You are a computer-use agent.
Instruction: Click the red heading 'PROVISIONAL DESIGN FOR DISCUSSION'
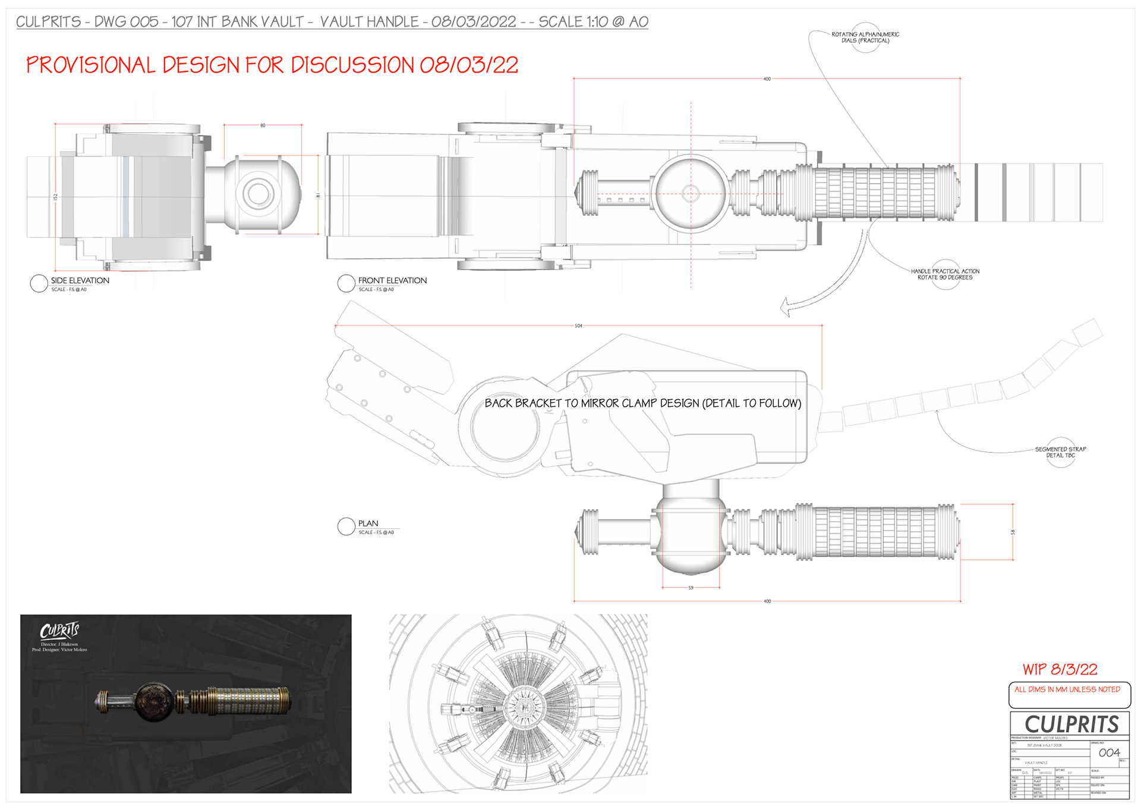pyautogui.click(x=272, y=65)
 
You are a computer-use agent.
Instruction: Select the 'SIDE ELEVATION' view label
pyautogui.click(x=80, y=281)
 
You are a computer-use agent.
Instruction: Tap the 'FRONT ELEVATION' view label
pyautogui.click(x=392, y=281)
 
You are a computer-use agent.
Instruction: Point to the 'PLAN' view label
pyautogui.click(x=368, y=523)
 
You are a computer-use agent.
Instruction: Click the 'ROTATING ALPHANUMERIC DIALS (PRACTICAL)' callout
pyautogui.click(x=865, y=37)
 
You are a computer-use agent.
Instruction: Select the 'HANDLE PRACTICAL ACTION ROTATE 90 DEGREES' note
pyautogui.click(x=945, y=274)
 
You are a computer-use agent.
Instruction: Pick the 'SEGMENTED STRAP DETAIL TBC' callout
pyautogui.click(x=1060, y=452)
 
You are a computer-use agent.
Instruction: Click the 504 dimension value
pyautogui.click(x=578, y=326)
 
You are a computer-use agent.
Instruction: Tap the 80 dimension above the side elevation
pyautogui.click(x=263, y=126)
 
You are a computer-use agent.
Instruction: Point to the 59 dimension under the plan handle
pyautogui.click(x=691, y=588)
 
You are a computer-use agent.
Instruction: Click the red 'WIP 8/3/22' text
pyautogui.click(x=1060, y=669)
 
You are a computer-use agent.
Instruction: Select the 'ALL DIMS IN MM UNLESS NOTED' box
pyautogui.click(x=1067, y=689)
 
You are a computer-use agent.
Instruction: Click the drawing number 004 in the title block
pyautogui.click(x=1109, y=753)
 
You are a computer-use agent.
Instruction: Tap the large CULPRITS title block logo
pyautogui.click(x=1071, y=725)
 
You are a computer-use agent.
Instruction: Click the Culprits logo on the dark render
pyautogui.click(x=59, y=631)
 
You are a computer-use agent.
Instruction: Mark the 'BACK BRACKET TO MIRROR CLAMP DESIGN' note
pyautogui.click(x=642, y=403)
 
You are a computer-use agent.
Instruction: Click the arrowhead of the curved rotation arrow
pyautogui.click(x=786, y=307)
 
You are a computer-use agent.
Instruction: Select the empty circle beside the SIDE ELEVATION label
pyautogui.click(x=39, y=284)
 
